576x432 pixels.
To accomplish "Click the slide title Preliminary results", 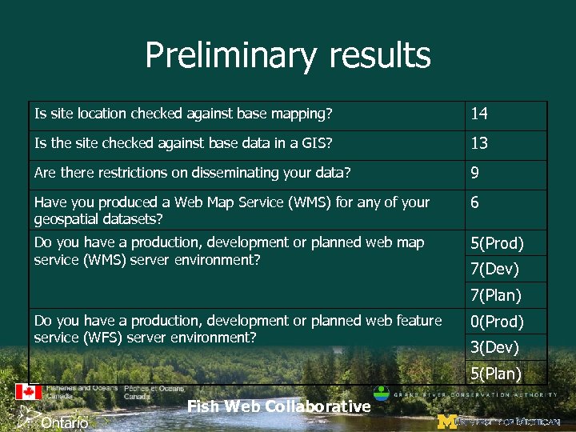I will tap(288, 56).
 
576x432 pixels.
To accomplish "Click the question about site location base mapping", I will tap(182, 114).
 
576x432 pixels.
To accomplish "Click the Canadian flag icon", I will tap(29, 392).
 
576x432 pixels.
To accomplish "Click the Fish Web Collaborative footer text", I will tap(278, 406).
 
